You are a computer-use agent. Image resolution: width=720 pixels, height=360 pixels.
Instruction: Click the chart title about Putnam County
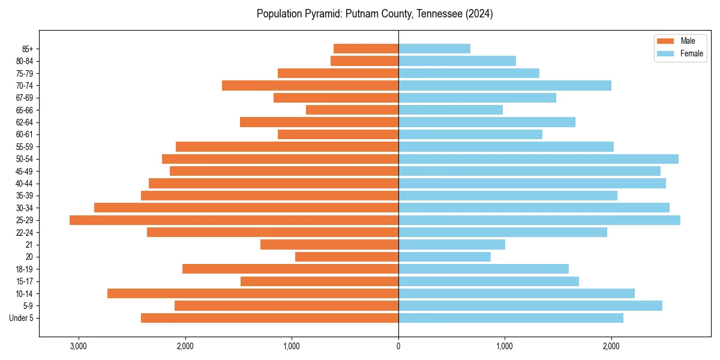374,14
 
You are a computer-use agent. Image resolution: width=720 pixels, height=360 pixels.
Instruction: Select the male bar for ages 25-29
234,220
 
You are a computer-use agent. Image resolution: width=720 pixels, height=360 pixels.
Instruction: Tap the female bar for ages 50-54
538,159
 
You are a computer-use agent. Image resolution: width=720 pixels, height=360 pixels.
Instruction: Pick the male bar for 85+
366,49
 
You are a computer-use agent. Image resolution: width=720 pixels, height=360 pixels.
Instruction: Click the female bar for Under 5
511,318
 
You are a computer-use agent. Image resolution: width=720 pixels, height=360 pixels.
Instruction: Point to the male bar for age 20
347,257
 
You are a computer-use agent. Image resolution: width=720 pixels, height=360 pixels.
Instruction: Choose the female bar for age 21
452,245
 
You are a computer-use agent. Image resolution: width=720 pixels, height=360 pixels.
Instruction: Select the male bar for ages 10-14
253,293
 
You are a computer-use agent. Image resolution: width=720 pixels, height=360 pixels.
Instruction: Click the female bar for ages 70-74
505,86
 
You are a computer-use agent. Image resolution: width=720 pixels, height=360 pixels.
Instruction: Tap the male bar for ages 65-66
352,110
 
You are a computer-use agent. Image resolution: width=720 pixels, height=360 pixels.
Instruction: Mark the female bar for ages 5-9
530,306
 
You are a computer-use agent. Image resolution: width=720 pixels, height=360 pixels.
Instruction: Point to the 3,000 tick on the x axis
79,346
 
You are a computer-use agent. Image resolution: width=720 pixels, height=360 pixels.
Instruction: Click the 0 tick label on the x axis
398,346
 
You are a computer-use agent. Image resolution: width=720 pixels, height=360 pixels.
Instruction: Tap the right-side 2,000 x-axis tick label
611,346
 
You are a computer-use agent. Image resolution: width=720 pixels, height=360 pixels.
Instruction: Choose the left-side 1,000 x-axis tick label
292,346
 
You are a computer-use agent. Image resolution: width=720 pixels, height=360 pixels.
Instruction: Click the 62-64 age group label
24,122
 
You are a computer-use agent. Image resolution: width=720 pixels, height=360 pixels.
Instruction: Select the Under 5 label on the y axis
22,318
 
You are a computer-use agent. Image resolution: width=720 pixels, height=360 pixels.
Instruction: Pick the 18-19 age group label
24,269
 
